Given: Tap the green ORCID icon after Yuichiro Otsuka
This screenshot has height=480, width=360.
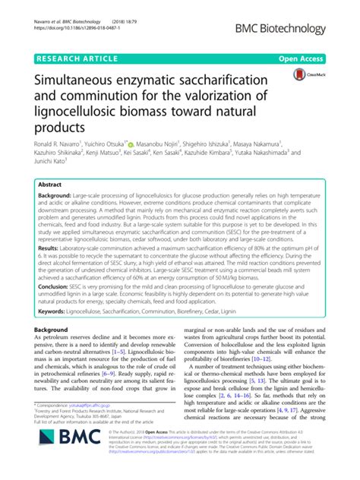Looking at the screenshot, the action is (152, 143).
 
